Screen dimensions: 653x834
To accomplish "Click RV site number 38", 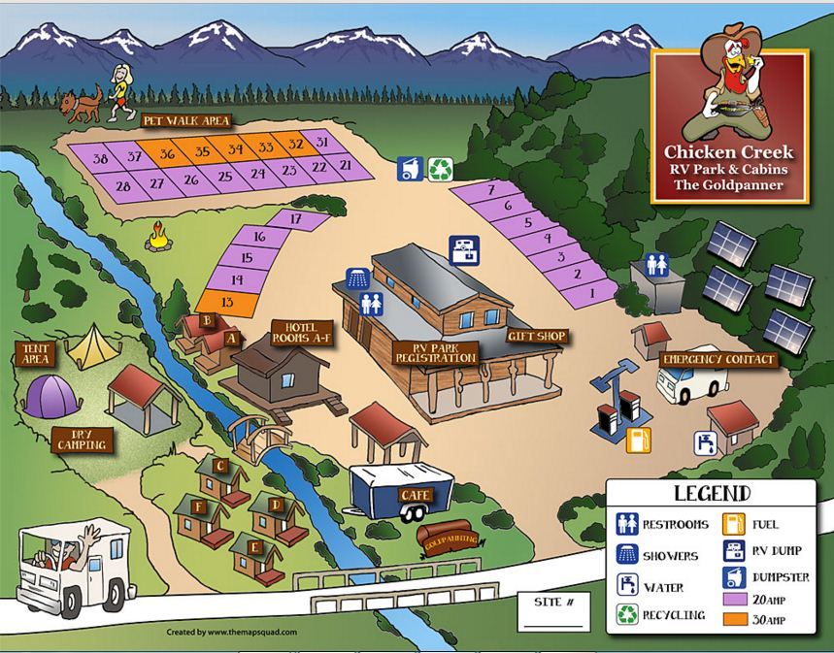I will click(100, 157).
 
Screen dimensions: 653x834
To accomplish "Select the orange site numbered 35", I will click(202, 151).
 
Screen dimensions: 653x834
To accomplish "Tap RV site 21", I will click(346, 165).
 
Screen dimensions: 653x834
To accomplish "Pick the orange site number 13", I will click(227, 302).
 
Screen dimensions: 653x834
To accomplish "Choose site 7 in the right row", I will click(491, 190).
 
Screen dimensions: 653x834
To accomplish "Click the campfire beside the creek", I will click(157, 235).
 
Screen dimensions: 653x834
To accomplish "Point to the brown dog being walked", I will click(82, 101).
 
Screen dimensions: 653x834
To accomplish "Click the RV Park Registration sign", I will click(436, 352).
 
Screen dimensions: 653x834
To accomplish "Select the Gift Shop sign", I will click(535, 336).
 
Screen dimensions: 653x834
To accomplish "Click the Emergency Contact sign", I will click(718, 360).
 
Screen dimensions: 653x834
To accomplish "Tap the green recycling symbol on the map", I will click(442, 169).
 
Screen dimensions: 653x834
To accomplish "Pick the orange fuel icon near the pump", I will click(637, 440).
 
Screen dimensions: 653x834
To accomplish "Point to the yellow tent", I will click(90, 346).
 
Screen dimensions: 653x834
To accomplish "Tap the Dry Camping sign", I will click(81, 441).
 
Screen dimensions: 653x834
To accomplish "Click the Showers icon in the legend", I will click(629, 555).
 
